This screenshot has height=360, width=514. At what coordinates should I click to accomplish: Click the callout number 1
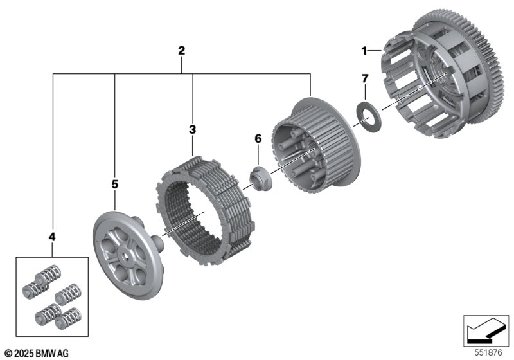click(x=364, y=51)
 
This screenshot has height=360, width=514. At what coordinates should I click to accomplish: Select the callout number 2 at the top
click(x=181, y=51)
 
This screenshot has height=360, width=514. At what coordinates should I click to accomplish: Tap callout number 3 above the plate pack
click(x=192, y=129)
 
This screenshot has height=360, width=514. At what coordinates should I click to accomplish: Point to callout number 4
click(x=52, y=237)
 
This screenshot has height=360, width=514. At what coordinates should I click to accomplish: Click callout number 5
click(x=114, y=184)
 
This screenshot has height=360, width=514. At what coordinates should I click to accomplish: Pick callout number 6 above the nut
click(x=258, y=139)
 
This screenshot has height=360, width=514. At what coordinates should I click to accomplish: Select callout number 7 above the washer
click(x=365, y=78)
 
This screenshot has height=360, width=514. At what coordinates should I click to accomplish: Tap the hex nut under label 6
click(x=260, y=179)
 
